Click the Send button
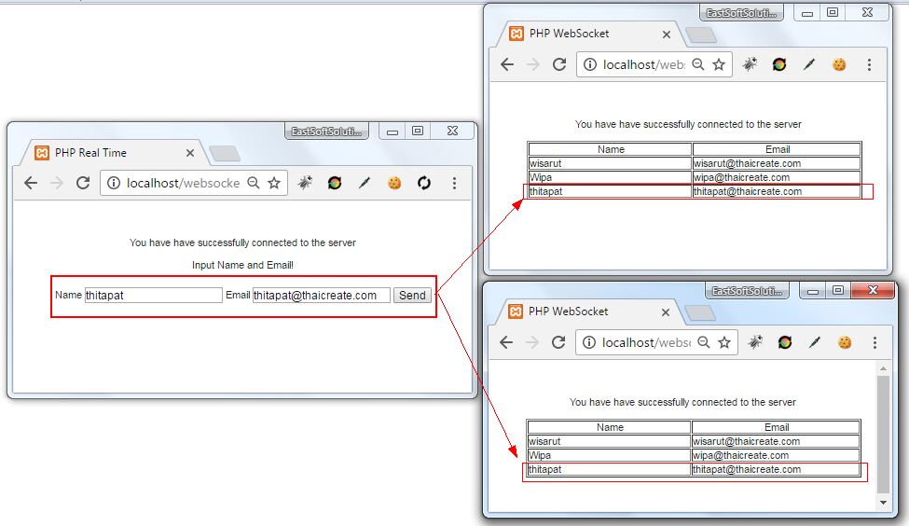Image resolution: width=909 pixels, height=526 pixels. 412,296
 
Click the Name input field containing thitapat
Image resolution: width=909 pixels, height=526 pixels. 153,296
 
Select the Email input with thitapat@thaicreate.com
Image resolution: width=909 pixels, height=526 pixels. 321,296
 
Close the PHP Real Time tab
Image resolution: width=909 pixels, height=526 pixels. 190,153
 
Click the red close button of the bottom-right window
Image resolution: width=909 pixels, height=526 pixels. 873,291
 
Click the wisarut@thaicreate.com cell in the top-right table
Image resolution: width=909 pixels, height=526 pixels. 776,163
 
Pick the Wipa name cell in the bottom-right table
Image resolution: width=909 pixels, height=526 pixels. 609,455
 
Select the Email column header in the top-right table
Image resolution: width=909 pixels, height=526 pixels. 777,149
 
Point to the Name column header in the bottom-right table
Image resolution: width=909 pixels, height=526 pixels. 610,427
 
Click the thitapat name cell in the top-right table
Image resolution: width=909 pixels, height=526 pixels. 610,191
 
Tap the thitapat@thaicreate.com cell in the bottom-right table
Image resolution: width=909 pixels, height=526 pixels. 775,469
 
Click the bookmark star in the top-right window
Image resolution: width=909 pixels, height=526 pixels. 719,64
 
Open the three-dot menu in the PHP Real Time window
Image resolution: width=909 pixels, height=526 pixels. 454,184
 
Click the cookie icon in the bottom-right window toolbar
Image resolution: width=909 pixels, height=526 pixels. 845,342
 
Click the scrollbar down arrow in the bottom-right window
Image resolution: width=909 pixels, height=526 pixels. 883,503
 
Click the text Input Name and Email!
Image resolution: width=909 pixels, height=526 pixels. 242,265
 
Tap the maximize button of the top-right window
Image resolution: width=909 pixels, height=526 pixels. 833,13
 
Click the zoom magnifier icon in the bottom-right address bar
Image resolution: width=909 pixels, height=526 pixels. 703,342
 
